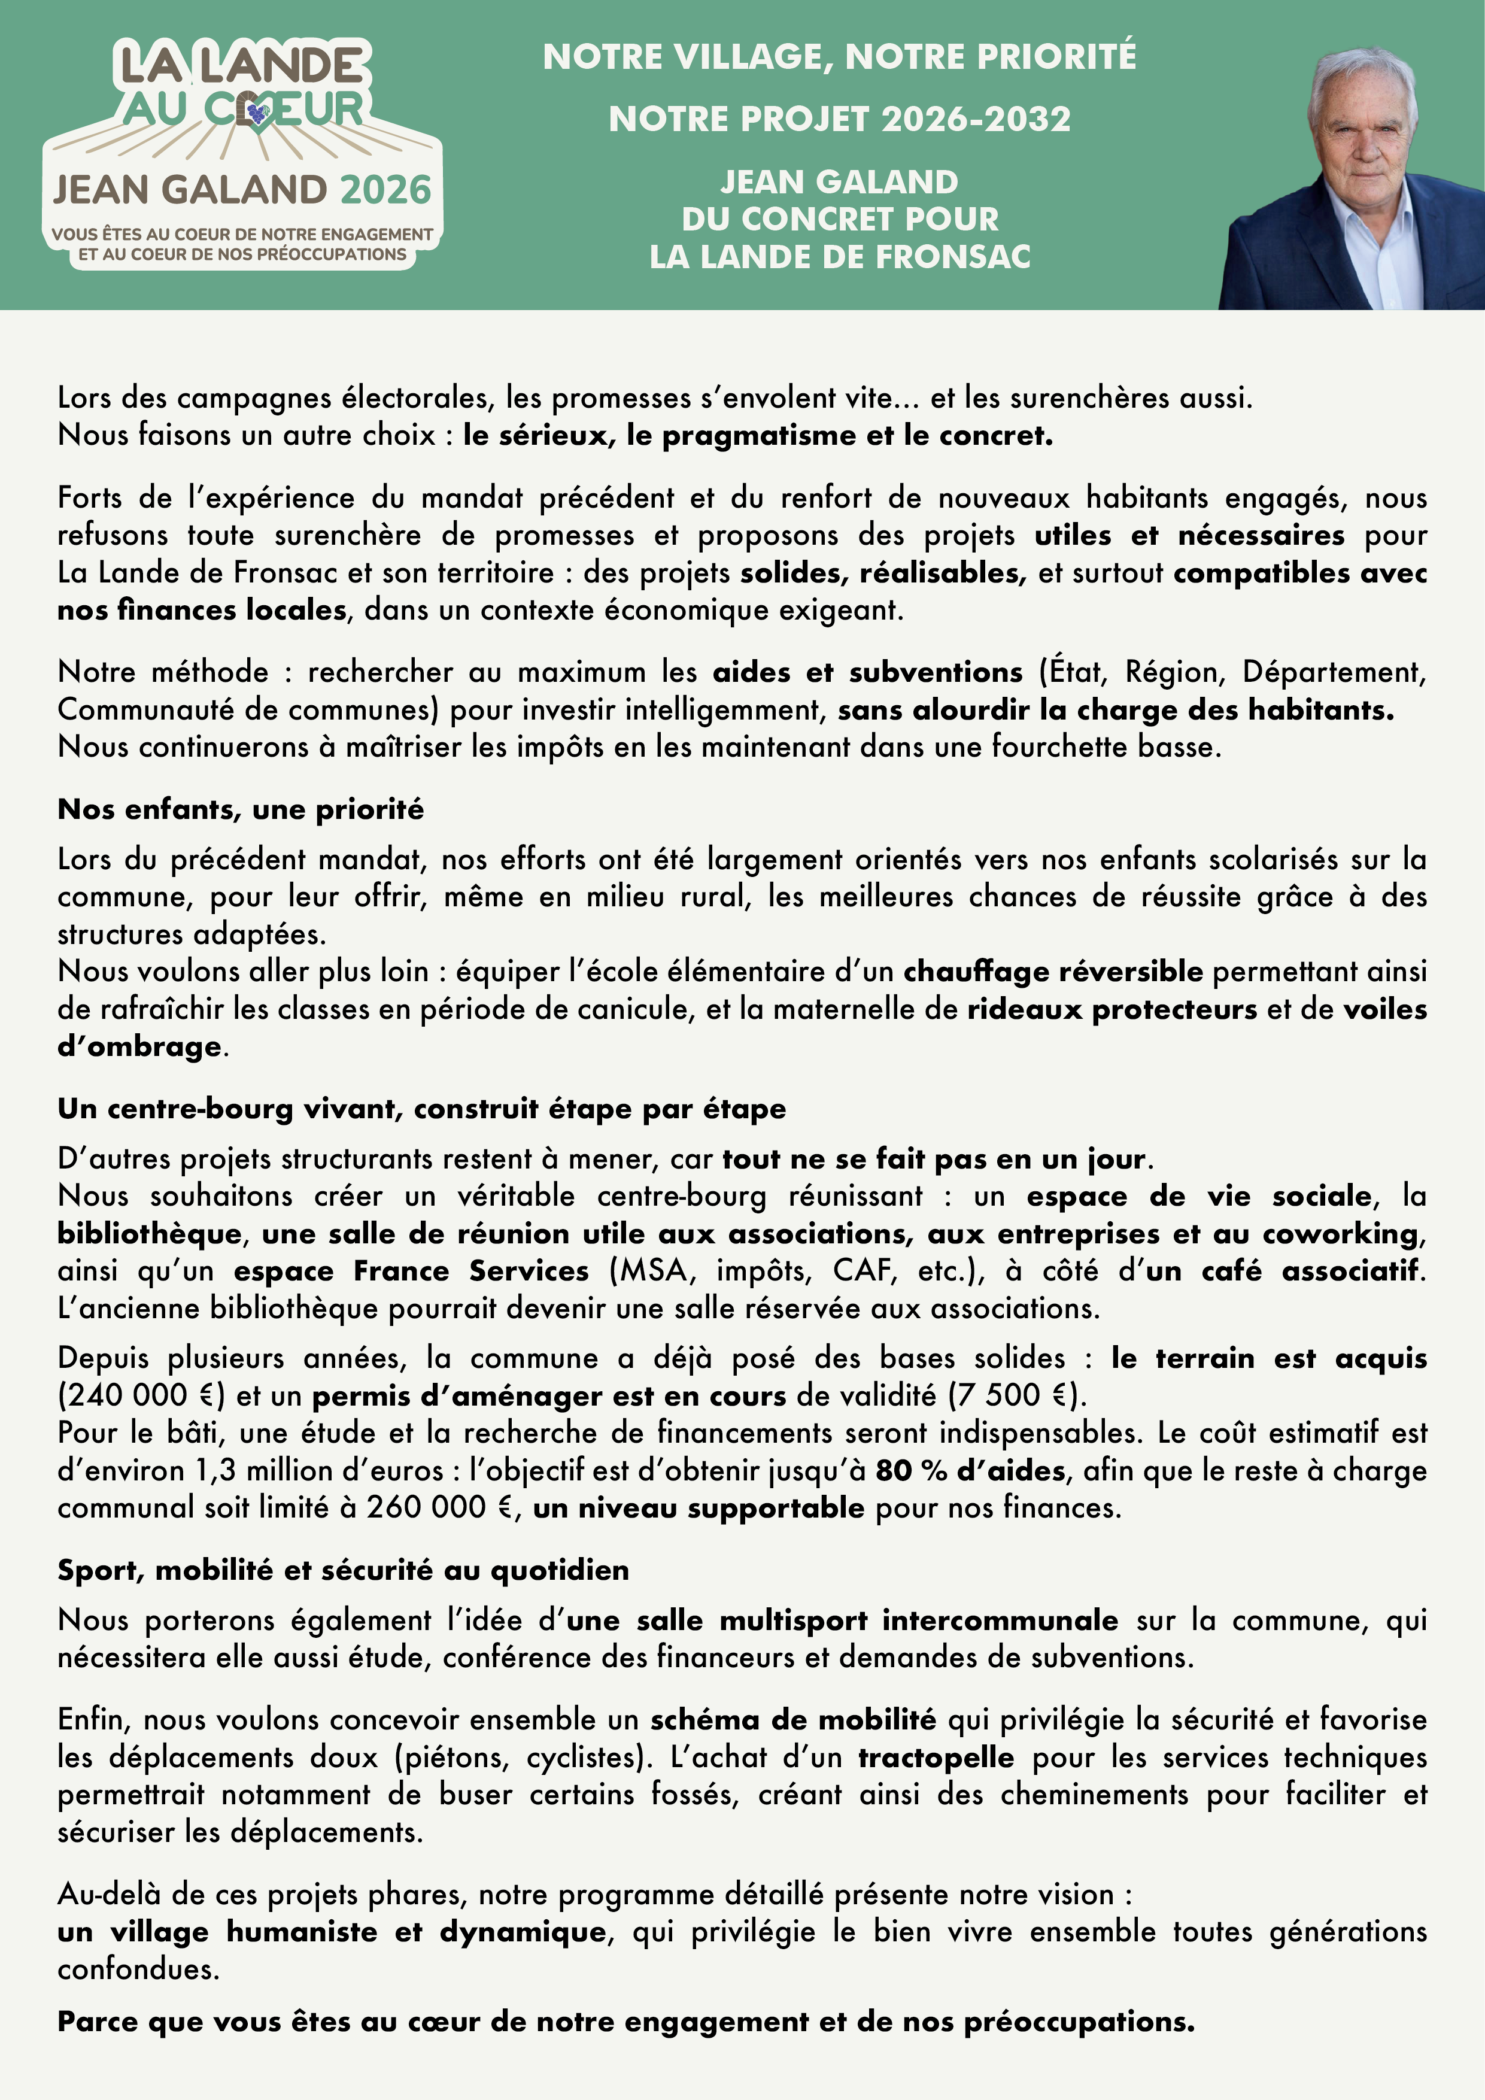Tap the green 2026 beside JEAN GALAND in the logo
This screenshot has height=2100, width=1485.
385,190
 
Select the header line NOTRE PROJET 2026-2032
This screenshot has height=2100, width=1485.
839,120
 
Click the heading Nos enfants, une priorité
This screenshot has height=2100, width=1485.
241,809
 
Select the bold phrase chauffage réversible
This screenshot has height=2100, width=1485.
1053,972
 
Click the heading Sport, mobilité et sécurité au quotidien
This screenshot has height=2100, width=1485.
343,1570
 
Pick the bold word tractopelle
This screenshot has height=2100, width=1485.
936,1757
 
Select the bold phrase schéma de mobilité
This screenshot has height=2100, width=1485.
793,1719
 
